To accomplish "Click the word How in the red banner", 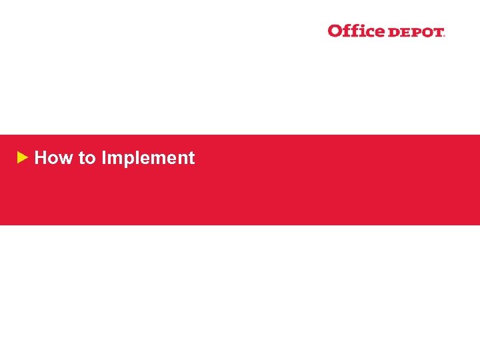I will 54,158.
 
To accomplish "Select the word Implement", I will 148,159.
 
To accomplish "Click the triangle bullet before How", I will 22,158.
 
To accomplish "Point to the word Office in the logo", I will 356,31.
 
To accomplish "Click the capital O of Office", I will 335,31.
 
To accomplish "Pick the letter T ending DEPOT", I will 437,32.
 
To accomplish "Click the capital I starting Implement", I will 104,158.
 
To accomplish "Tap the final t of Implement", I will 191,159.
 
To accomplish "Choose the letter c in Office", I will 369,32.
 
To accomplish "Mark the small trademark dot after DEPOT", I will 444,35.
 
